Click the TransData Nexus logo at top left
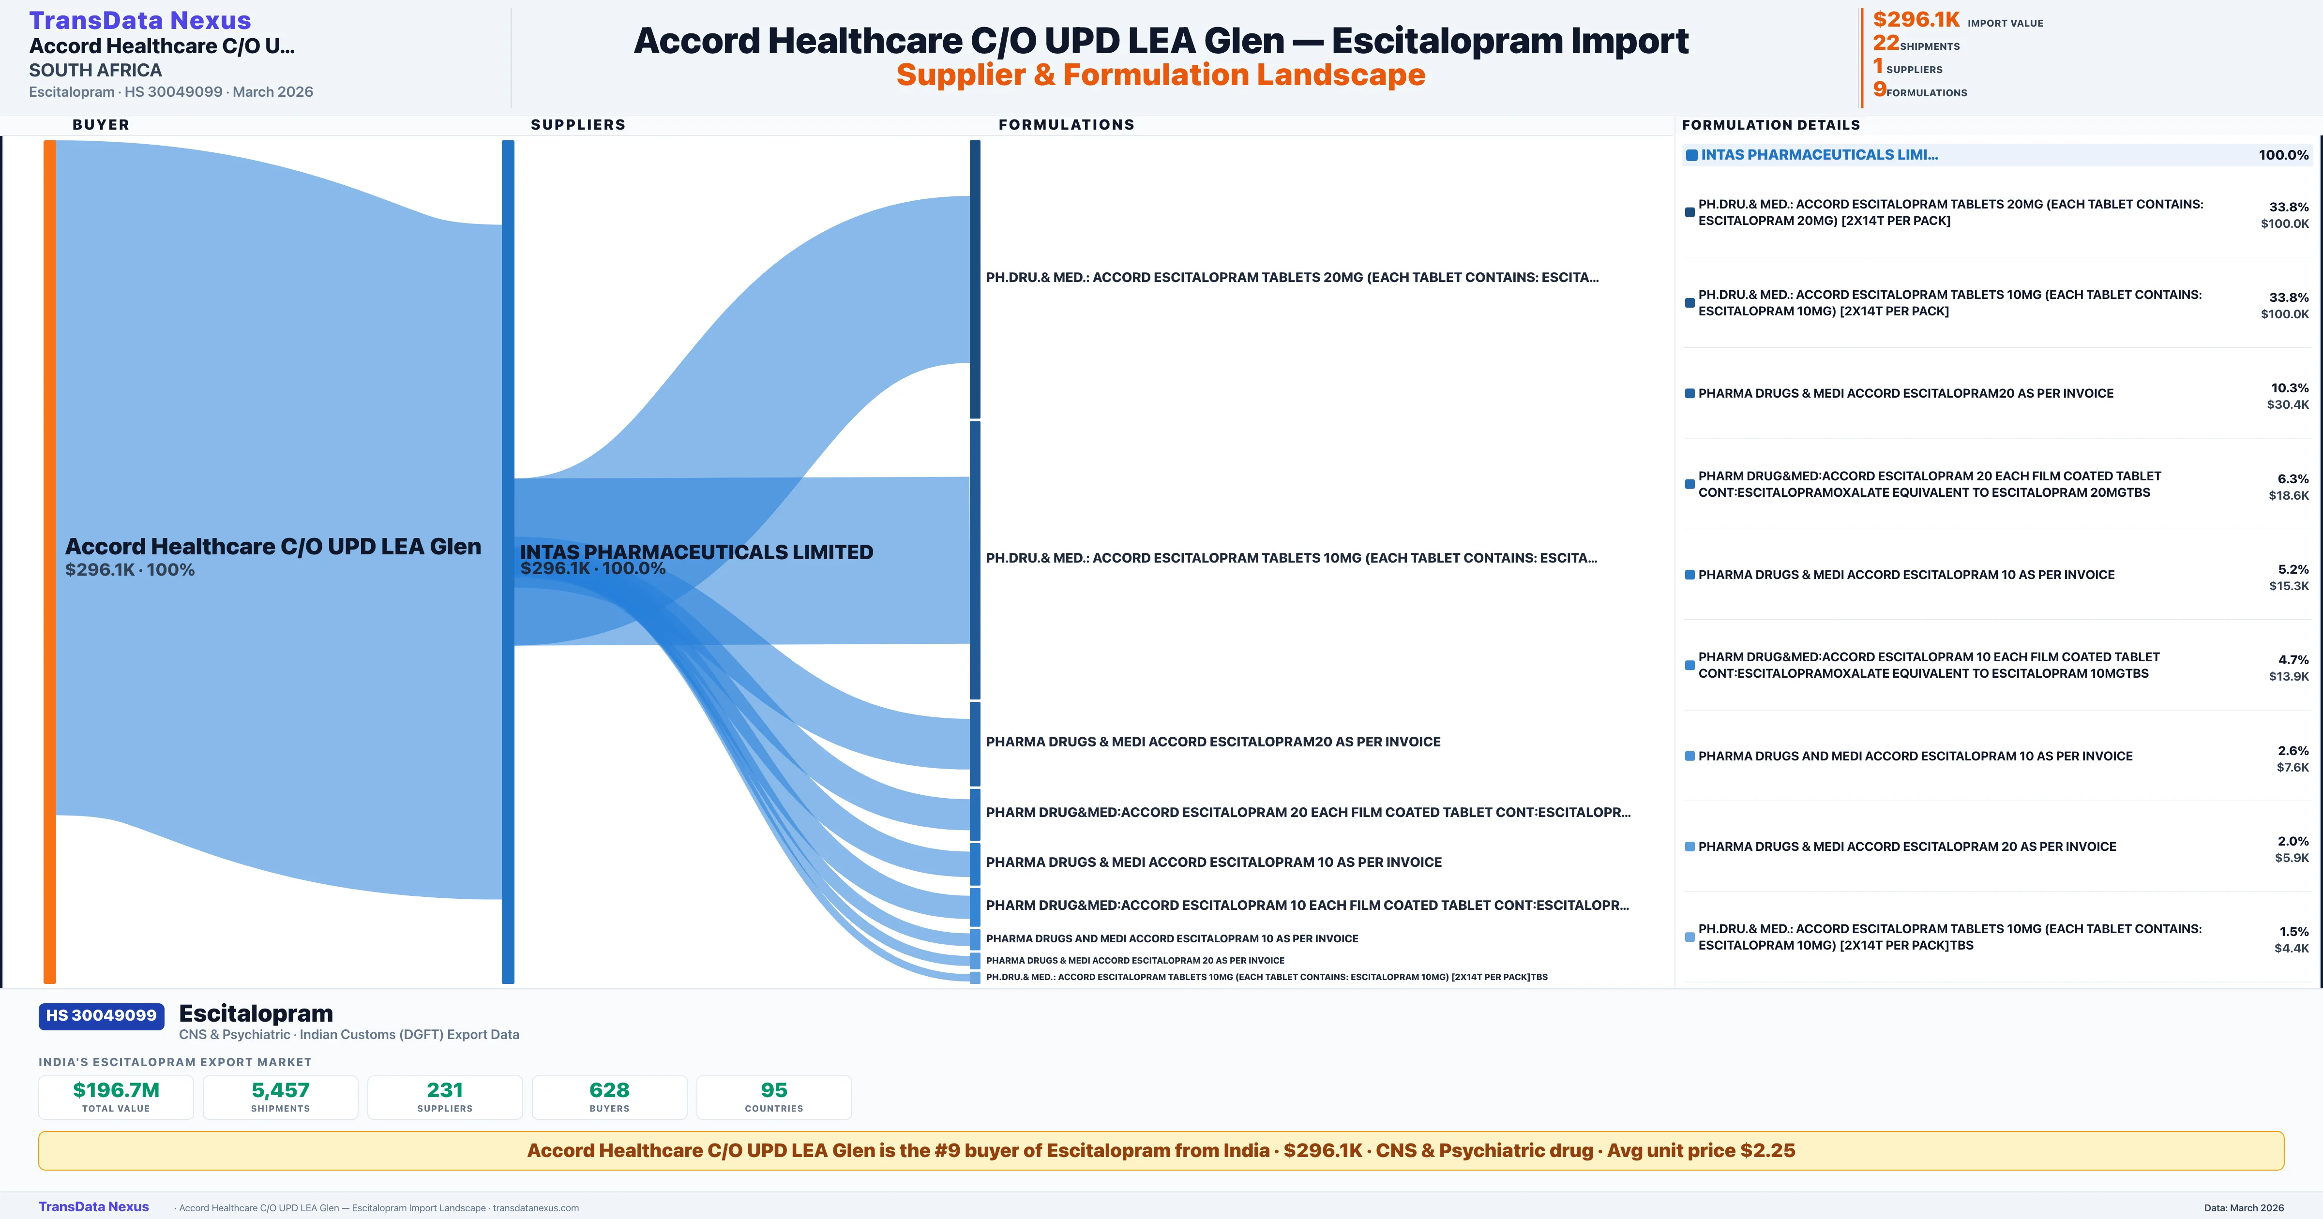140,20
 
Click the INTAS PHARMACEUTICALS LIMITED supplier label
696,552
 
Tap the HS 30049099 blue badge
101,1015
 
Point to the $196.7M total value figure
116,1090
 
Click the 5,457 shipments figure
281,1090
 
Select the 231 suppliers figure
445,1090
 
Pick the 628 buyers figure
610,1090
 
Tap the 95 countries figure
774,1090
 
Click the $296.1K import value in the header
1916,19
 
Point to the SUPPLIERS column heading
578,124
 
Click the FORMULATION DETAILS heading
1770,124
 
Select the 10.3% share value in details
2290,387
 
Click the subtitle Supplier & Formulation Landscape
1161,75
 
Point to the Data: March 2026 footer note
2244,1207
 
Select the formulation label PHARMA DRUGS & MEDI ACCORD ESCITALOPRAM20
1213,741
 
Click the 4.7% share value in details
2293,659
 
